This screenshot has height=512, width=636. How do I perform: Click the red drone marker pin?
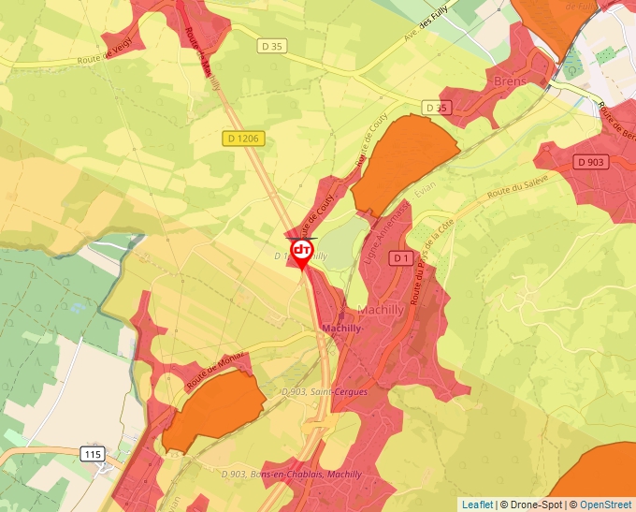click(x=302, y=253)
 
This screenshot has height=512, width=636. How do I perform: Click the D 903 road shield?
click(x=591, y=162)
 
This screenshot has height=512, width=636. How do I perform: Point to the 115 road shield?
click(x=92, y=454)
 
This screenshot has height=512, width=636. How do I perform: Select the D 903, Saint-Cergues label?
click(x=325, y=392)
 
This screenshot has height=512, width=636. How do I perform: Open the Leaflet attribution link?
click(x=477, y=505)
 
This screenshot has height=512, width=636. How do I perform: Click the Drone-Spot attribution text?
click(x=531, y=505)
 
